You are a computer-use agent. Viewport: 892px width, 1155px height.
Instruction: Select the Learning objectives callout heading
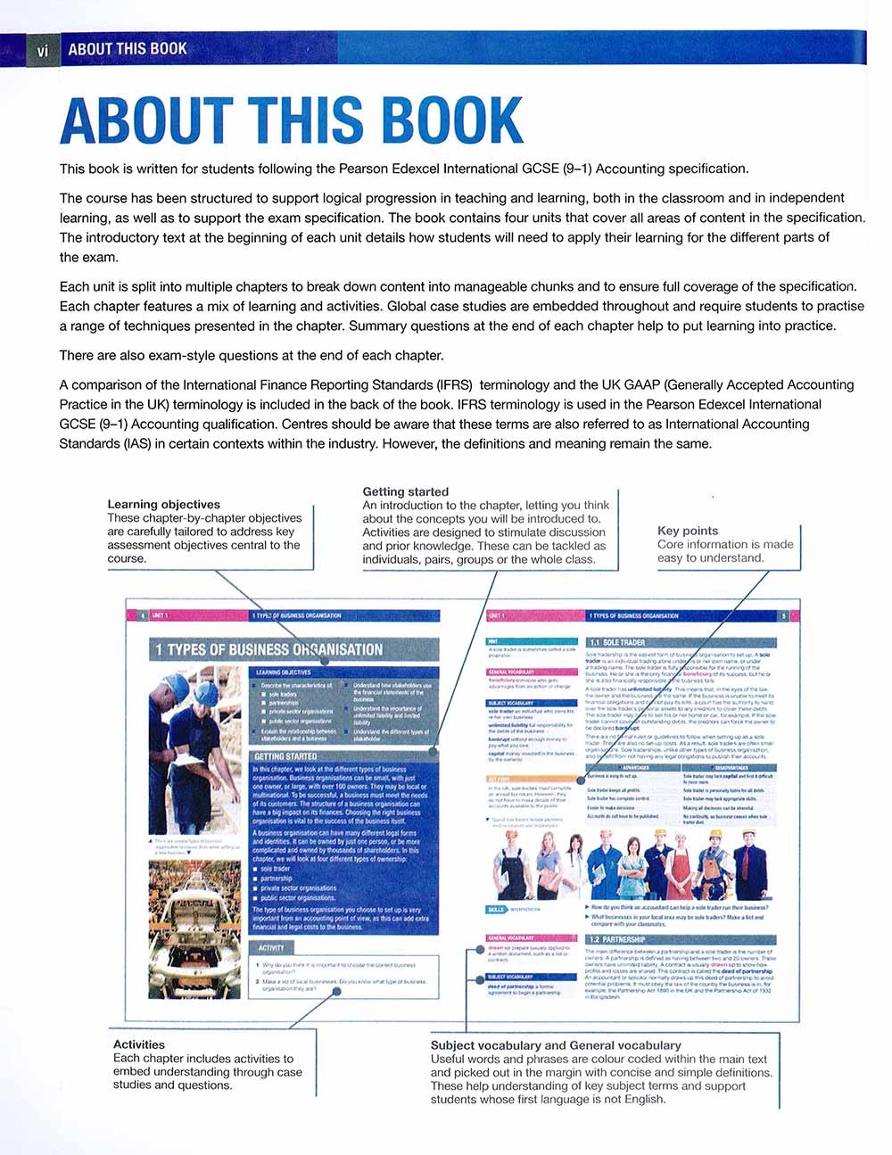pos(163,504)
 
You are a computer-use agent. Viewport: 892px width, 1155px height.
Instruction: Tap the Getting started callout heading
pos(405,491)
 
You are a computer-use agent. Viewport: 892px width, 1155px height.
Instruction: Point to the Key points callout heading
pos(688,531)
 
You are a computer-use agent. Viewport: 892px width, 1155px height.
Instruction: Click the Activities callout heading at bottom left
pos(138,1044)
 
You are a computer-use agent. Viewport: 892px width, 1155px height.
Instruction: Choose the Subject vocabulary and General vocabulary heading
pos(555,1045)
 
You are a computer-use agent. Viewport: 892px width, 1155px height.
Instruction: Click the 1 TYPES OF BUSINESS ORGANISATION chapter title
pos(268,649)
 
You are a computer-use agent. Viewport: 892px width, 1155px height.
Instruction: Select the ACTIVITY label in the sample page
pos(270,948)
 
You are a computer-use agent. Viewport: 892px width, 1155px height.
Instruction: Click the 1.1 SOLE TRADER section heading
pos(618,642)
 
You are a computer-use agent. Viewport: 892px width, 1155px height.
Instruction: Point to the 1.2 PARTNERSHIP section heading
pos(616,939)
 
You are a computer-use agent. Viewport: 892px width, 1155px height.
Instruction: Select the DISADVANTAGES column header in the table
pos(730,767)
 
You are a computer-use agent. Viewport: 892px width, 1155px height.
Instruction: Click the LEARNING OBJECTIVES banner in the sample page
pos(284,672)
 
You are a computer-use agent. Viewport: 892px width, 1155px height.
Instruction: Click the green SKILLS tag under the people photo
pos(496,910)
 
